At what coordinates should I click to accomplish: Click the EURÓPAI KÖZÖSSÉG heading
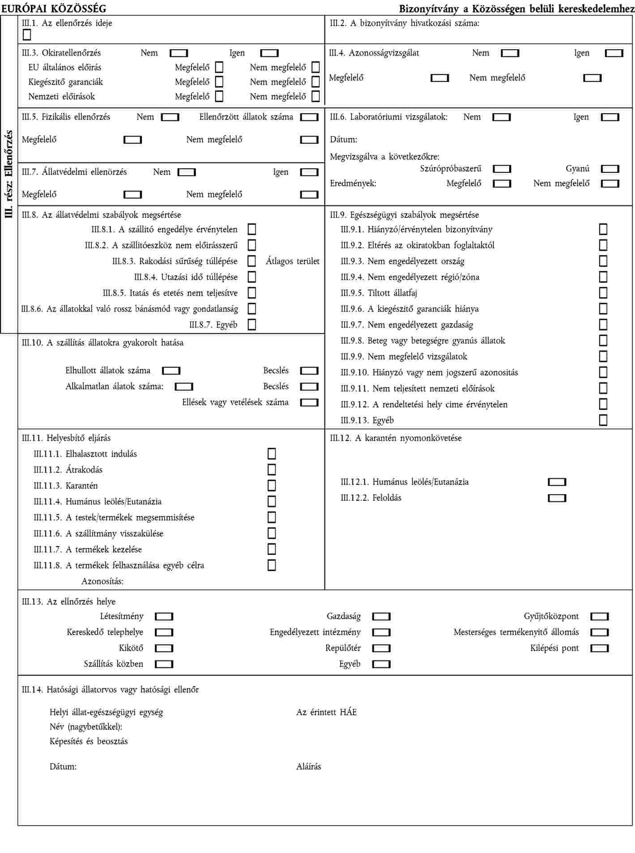54,9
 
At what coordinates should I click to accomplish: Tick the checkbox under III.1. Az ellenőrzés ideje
27,34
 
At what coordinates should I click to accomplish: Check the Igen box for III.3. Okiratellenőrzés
269,53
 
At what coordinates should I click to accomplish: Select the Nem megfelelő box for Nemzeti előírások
315,96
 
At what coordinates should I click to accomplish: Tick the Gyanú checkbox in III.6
610,169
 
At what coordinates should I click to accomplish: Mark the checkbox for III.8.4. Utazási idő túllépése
252,277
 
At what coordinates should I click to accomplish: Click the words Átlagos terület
293,261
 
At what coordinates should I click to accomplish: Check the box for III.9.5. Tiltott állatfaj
603,293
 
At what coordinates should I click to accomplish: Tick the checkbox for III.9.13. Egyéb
603,420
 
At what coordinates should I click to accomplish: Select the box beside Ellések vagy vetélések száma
309,402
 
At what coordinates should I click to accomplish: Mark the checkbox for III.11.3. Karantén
272,486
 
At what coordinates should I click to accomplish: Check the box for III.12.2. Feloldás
557,498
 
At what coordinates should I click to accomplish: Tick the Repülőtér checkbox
381,648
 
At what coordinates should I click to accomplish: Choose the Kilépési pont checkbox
600,648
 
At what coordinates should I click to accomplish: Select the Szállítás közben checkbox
164,664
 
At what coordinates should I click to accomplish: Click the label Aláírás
308,767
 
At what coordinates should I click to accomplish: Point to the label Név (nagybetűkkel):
86,727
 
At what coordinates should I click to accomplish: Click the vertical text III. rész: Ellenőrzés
9,175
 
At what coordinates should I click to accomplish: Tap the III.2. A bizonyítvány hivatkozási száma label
404,24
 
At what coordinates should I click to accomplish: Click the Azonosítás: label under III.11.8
102,581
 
